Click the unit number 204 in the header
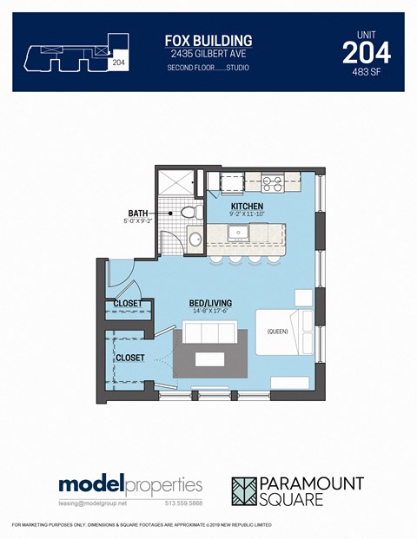coord(366,53)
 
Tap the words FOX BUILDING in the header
coord(208,40)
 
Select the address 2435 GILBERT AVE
coord(208,55)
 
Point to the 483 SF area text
coord(366,73)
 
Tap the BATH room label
coord(137,213)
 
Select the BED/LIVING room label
coord(209,304)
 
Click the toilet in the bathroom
coord(195,213)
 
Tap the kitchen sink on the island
coord(237,233)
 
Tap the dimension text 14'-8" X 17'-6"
coord(209,313)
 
